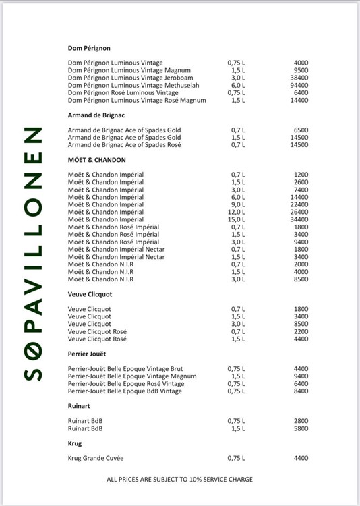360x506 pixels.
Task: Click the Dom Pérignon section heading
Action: click(89, 48)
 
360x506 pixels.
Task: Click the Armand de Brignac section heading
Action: click(96, 115)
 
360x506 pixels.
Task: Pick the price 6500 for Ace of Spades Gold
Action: click(301, 130)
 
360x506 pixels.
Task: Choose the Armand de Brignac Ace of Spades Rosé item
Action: click(124, 145)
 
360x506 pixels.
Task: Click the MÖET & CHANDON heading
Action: click(97, 160)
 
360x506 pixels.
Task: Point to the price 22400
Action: click(299, 205)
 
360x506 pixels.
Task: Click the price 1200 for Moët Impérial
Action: click(301, 175)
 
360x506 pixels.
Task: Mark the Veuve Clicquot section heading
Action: click(90, 294)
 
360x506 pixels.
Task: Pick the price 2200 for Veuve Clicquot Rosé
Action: click(301, 331)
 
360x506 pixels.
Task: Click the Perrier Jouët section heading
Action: click(88, 354)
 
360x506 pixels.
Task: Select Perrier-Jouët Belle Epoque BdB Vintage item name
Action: click(125, 391)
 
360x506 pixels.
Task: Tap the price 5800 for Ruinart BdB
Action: click(301, 428)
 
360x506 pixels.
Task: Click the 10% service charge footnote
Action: click(180, 480)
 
